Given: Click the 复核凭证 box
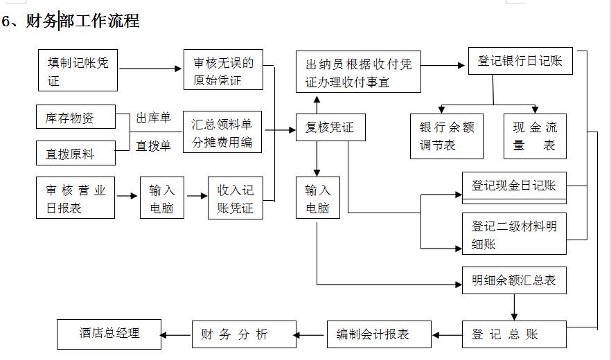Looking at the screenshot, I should [x=330, y=127].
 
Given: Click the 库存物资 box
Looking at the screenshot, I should [x=76, y=117].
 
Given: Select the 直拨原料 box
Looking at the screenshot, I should [x=76, y=154].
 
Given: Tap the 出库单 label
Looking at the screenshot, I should [x=153, y=118].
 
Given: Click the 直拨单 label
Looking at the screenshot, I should [x=153, y=146].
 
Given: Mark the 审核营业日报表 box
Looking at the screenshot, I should [x=76, y=198].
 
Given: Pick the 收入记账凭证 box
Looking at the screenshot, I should [x=236, y=198].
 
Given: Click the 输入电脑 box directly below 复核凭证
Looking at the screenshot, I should [x=318, y=198].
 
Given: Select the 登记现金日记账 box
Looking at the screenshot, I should [x=514, y=186].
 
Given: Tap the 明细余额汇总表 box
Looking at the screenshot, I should [x=514, y=280].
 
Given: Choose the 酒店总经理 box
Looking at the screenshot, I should [x=109, y=334].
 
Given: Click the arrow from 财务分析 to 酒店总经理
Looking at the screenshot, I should [x=176, y=334].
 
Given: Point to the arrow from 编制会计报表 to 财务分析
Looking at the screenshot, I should [x=312, y=334].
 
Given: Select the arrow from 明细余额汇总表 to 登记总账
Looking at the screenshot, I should [x=514, y=307].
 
